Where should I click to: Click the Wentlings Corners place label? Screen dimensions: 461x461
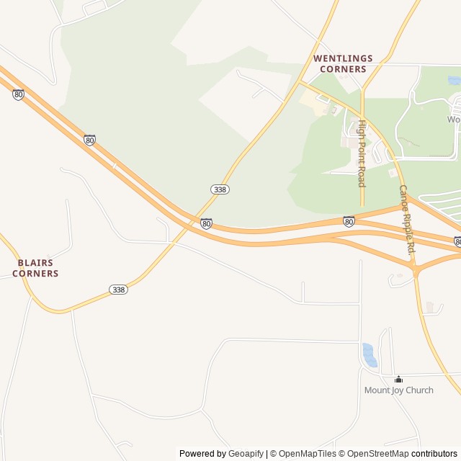pos(340,63)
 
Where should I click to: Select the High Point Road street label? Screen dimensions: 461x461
pos(362,153)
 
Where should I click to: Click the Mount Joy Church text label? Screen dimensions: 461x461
pos(398,390)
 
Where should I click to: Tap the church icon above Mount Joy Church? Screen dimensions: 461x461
pos(398,379)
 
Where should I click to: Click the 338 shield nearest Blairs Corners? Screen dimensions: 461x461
pos(119,290)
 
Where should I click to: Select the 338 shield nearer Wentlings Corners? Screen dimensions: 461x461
pos(220,189)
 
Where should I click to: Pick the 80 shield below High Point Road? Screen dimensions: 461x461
pos(349,221)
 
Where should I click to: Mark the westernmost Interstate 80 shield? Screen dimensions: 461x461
pos(18,94)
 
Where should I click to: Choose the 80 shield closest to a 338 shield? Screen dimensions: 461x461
pos(206,223)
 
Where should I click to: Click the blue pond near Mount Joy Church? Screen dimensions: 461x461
pos(369,355)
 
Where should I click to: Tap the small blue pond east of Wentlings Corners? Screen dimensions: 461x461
pos(454,81)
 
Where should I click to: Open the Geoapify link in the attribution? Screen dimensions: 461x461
pos(246,454)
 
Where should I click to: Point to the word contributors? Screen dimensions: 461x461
pos(434,454)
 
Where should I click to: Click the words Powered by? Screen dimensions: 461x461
pos(202,454)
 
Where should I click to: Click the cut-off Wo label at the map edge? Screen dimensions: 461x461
pos(453,120)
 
